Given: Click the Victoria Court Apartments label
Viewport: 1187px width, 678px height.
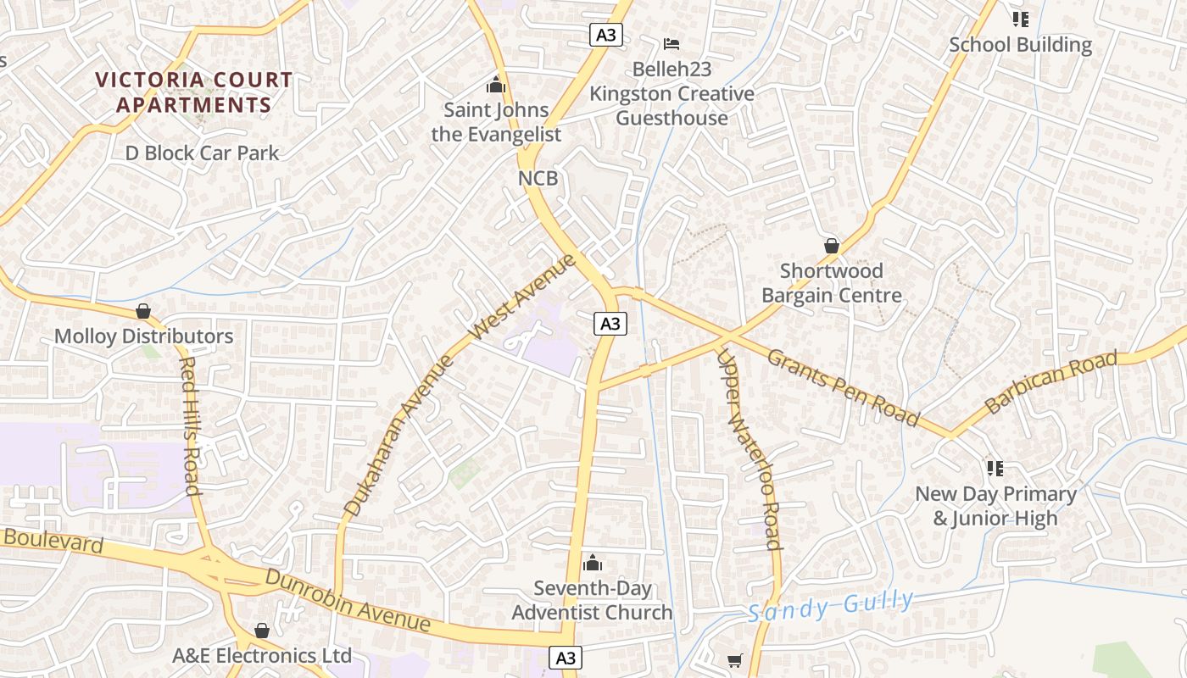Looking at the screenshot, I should coord(193,92).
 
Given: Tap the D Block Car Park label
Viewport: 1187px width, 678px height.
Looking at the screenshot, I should coord(202,153).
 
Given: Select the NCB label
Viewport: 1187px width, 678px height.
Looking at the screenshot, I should coord(538,179).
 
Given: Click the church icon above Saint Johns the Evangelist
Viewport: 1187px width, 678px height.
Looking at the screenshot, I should coord(496,86).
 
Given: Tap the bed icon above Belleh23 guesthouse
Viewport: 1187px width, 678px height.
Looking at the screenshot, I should coord(672,43).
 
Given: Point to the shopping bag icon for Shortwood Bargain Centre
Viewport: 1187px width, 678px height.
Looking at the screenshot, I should coord(832,246).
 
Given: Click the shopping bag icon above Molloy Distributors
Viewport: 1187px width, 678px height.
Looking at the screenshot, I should coord(143,311).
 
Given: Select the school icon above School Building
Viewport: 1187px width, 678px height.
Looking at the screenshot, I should coord(1020,19).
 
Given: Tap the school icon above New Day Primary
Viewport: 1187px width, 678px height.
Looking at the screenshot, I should coord(995,468).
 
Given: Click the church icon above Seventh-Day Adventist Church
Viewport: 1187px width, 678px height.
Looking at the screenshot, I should coord(593,563).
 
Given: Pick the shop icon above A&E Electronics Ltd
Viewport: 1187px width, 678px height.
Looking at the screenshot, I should coord(262,631).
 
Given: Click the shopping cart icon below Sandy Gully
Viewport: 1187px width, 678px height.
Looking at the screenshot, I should coord(735,660).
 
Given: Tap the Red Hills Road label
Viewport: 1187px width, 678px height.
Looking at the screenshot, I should coord(190,425).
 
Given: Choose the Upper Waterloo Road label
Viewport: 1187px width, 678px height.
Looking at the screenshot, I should coord(749,449).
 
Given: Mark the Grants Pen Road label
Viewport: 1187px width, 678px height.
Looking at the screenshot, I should coord(843,386).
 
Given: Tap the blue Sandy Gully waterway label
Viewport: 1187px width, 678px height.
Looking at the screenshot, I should coord(830,606).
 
